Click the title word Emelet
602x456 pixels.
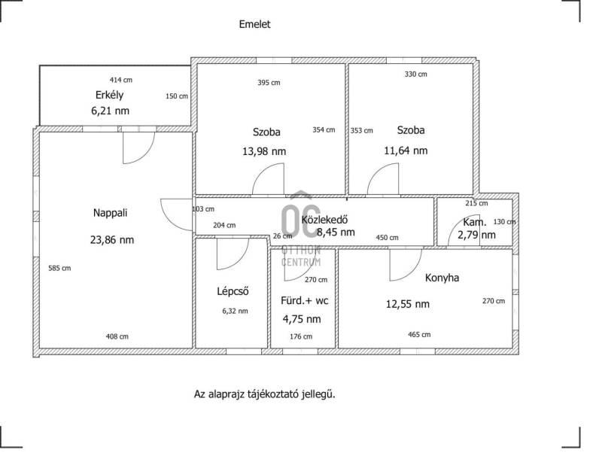(x=254, y=24)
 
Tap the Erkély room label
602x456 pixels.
(x=109, y=96)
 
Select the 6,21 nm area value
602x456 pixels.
(x=110, y=111)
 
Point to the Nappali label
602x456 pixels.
(x=110, y=213)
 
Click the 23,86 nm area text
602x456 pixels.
(x=112, y=240)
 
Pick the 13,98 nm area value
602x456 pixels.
(x=264, y=151)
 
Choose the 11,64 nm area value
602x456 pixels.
(x=406, y=150)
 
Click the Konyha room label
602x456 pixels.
(x=442, y=278)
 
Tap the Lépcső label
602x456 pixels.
(x=233, y=291)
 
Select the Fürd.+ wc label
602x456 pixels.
(x=305, y=300)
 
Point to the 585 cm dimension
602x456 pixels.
(x=59, y=269)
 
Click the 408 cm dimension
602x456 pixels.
(x=117, y=336)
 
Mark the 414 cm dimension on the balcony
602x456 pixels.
(x=121, y=80)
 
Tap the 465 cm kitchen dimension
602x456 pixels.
(x=419, y=335)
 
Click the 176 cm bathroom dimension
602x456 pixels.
(x=301, y=336)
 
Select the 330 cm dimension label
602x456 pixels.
(x=416, y=74)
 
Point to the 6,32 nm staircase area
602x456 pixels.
(x=235, y=312)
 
